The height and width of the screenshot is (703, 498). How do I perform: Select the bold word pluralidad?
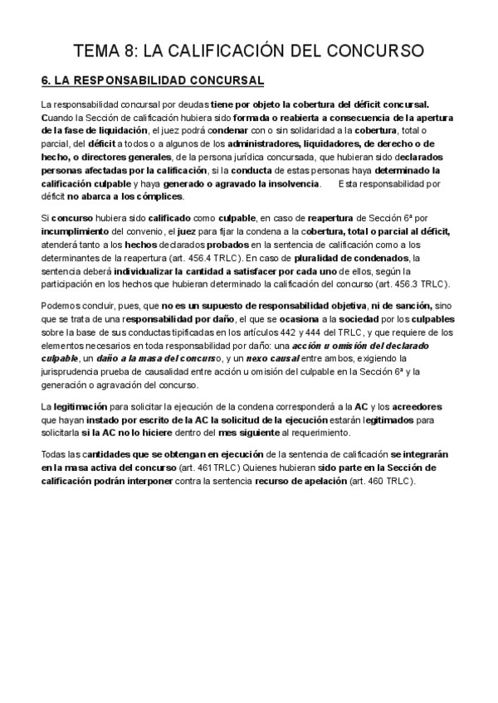(x=324, y=257)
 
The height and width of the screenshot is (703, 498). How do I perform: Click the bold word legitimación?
(x=85, y=406)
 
